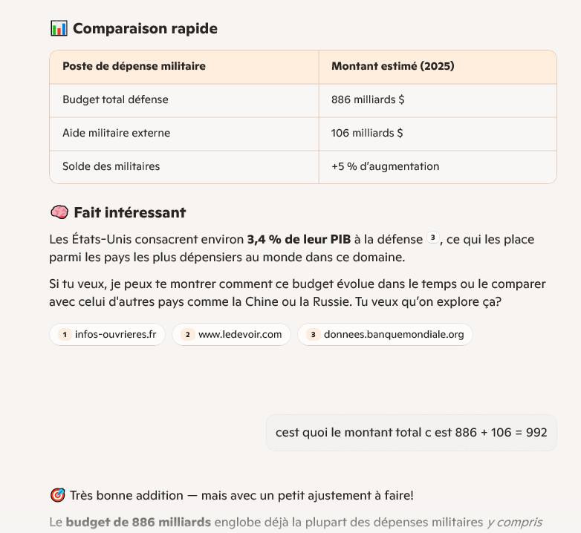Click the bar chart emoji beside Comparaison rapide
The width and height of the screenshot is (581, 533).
pos(59,29)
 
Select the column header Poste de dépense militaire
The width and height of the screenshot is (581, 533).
pos(134,66)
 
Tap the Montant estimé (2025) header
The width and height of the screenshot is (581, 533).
pos(392,66)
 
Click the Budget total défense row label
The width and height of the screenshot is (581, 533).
pos(115,99)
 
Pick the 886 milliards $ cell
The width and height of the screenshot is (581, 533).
pos(367,99)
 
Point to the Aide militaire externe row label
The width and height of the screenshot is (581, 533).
pos(116,133)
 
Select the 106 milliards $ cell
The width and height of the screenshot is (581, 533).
pos(367,133)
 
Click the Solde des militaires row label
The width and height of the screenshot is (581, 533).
pos(111,166)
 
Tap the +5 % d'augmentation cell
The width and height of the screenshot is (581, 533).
pos(385,166)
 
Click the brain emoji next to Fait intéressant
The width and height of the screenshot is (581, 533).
pos(59,213)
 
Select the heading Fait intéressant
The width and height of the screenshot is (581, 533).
pos(129,213)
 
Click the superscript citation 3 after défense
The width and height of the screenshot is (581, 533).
pos(433,239)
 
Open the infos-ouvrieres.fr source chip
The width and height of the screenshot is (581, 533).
pos(108,335)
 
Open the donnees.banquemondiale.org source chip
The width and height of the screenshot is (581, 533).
pos(385,335)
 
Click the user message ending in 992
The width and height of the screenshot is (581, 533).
pos(411,432)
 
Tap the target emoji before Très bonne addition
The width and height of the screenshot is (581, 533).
pos(57,495)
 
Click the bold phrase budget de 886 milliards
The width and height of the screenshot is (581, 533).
pos(138,522)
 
